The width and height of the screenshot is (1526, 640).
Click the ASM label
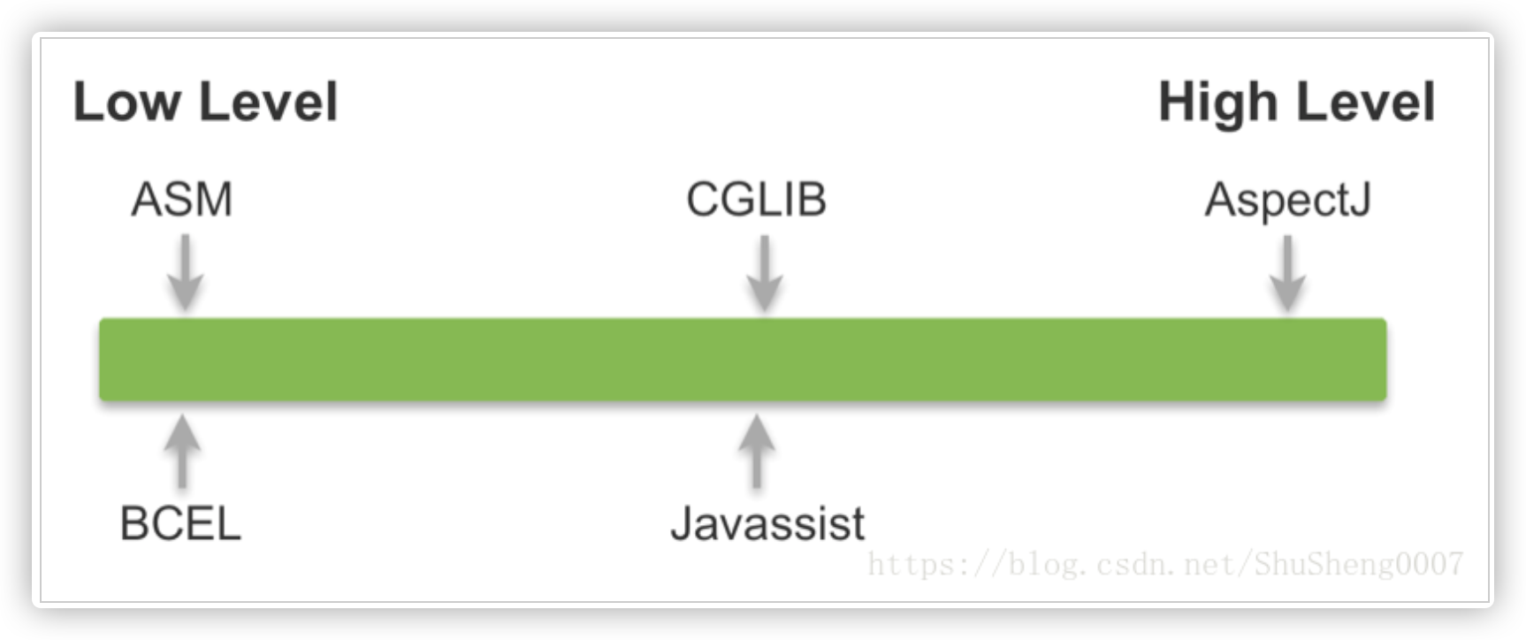[x=182, y=199]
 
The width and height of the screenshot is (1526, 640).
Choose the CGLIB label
[x=756, y=199]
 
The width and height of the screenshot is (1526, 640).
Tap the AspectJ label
[x=1287, y=200]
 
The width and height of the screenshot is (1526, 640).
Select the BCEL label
[x=180, y=523]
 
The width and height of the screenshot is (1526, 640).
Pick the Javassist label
[x=767, y=523]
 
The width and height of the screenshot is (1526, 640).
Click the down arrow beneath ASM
[x=185, y=272]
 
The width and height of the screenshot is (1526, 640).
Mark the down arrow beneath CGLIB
[x=764, y=272]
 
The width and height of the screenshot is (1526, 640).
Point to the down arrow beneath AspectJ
[x=1287, y=272]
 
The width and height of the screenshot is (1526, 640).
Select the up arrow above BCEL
[x=182, y=451]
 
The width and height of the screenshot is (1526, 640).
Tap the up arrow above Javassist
[x=756, y=451]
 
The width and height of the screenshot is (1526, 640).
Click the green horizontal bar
[x=743, y=359]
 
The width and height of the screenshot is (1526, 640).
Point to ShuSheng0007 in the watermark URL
[x=1359, y=564]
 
